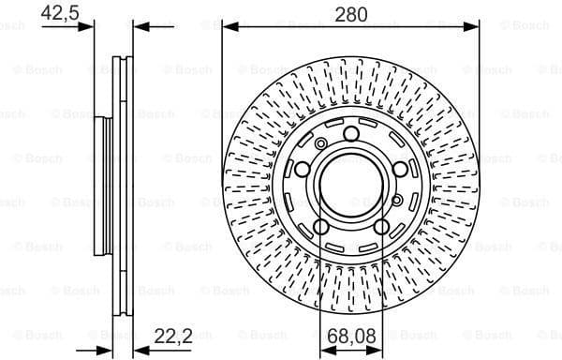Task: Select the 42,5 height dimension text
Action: (61, 13)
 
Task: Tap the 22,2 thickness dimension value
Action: (172, 335)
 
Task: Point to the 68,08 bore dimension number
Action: (350, 335)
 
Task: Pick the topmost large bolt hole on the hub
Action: (350, 134)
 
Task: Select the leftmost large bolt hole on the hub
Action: (302, 169)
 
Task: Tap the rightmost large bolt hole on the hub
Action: (400, 169)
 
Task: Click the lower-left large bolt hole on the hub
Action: (320, 227)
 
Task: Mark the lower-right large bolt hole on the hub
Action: (381, 227)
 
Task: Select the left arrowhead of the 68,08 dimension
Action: (325, 348)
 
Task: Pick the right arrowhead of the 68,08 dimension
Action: (377, 348)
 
